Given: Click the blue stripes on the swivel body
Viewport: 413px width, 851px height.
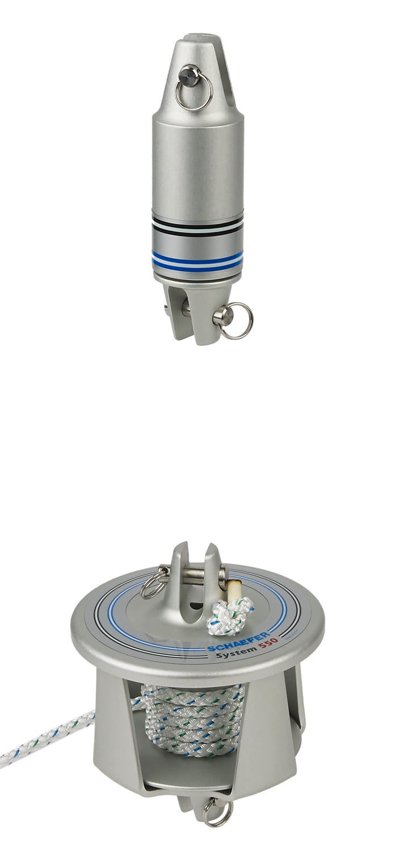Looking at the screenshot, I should click(197, 260).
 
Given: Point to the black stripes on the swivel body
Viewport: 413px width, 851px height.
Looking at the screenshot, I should click(197, 223).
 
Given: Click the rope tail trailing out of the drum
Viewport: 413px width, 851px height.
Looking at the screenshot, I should click(45, 738).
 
